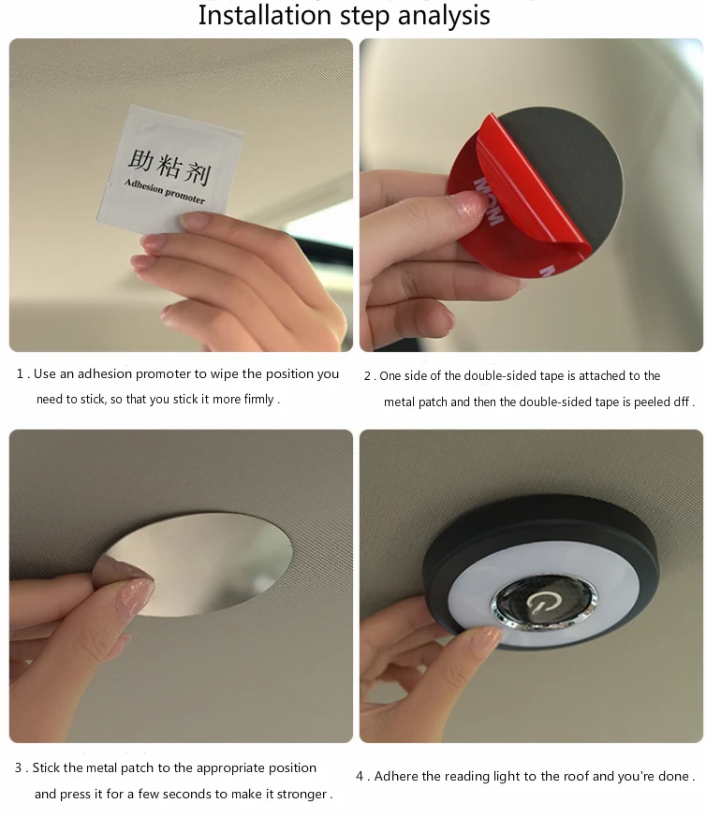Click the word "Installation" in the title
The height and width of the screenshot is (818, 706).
point(266,15)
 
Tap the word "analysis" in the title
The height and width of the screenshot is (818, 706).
point(444,16)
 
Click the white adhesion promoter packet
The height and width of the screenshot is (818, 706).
point(170,169)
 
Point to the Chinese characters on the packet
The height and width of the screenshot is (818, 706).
point(169,167)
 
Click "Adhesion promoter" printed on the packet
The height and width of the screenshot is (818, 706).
point(165,191)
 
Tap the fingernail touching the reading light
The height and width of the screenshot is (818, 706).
point(485,639)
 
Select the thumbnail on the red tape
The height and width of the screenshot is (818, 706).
point(471,203)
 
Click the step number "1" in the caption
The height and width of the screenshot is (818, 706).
point(20,374)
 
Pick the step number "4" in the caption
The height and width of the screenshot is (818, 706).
point(360,776)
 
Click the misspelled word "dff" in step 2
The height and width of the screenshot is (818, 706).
point(681,402)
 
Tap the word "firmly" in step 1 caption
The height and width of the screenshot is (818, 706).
point(258,399)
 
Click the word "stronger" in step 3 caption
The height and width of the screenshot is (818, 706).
point(302,794)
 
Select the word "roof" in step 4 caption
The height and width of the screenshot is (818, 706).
point(576,776)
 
